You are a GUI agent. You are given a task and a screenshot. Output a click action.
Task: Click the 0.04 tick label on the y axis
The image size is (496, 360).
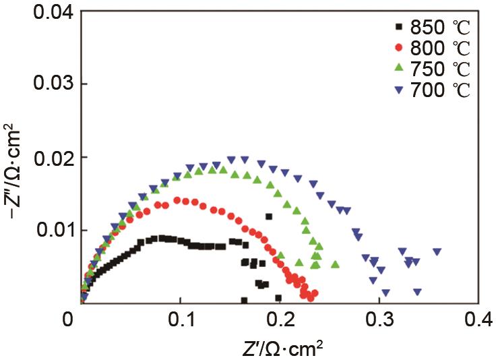[x=43, y=11]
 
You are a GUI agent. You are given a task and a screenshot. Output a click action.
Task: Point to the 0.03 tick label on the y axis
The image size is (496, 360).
[x=43, y=84]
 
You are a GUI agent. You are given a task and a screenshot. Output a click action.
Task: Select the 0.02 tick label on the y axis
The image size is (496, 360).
[x=43, y=157]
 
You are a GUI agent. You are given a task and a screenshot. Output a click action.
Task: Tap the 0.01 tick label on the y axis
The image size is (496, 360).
[x=43, y=230]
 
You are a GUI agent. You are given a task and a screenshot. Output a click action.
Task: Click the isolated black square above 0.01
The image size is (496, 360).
[x=269, y=216]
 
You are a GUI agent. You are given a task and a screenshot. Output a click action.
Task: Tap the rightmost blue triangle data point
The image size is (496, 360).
[x=437, y=251]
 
